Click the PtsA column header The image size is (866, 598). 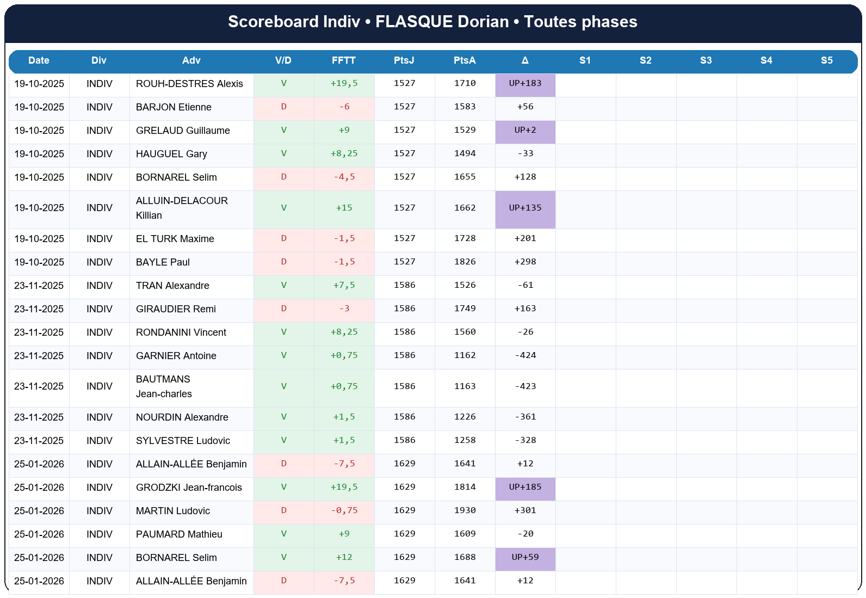tap(465, 60)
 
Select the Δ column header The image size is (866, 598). tap(525, 60)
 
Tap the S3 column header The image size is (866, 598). tap(706, 60)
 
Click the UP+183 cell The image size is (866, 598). tap(525, 84)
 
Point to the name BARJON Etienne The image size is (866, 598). tap(174, 107)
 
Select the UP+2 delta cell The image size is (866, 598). tap(525, 131)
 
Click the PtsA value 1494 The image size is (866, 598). tap(465, 154)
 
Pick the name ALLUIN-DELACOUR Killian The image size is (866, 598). tap(182, 208)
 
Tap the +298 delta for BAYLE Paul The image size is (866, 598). tap(525, 262)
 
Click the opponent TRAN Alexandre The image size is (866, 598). tap(172, 286)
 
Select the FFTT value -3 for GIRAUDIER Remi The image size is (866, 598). tap(344, 309)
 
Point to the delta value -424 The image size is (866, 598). tap(525, 356)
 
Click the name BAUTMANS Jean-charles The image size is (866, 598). tap(164, 386)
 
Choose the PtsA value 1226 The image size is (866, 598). tap(465, 417)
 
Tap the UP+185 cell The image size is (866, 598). tap(525, 488)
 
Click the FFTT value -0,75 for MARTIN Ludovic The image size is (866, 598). tap(344, 511)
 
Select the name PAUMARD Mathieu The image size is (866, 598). tap(179, 534)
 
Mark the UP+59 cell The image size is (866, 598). tap(525, 558)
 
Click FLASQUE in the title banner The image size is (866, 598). tap(414, 22)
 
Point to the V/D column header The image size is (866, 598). tap(283, 60)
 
